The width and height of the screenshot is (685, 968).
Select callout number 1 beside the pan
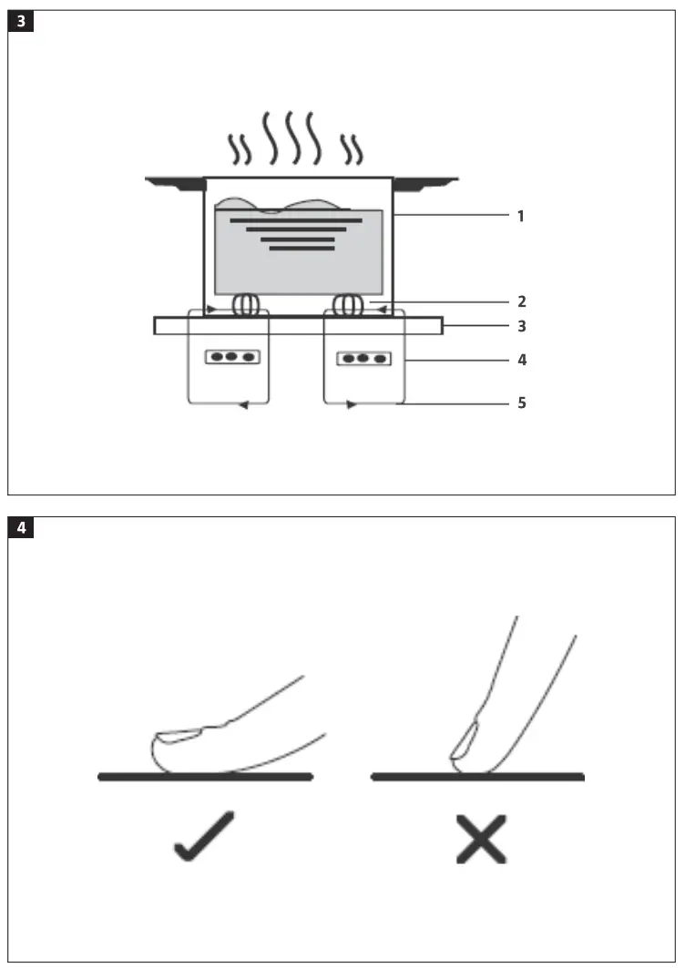click(x=520, y=217)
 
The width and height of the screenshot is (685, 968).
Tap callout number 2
click(x=520, y=301)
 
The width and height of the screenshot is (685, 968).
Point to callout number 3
click(x=520, y=325)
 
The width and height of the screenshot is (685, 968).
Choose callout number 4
click(x=520, y=360)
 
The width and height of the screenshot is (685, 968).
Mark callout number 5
click(x=520, y=402)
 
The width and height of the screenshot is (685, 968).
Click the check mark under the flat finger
click(x=203, y=836)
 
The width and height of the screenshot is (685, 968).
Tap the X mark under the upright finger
click(x=481, y=838)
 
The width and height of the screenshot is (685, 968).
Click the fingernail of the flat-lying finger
click(x=180, y=735)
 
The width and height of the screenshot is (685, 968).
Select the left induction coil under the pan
click(x=245, y=305)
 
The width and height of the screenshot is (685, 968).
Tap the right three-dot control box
click(x=363, y=359)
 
